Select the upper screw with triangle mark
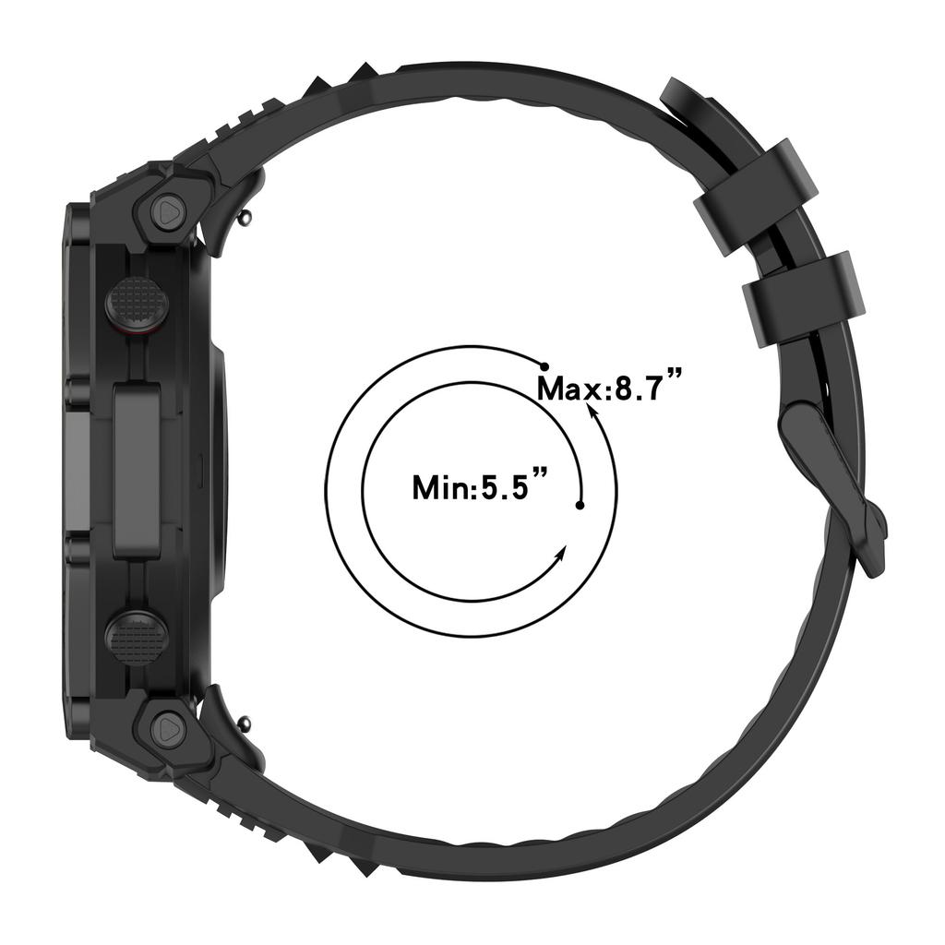[168, 211]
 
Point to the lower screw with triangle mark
[168, 728]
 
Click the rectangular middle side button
[138, 471]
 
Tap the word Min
[441, 486]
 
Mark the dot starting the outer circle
[544, 367]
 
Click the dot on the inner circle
[580, 505]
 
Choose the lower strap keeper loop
[806, 300]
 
